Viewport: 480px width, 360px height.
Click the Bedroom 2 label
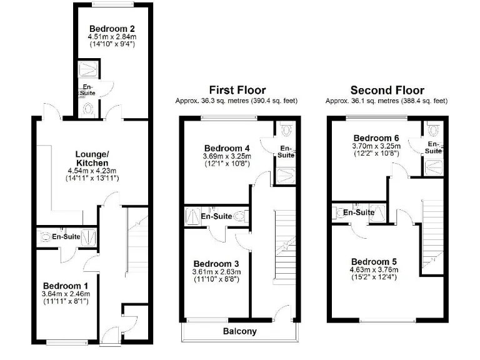[112, 29]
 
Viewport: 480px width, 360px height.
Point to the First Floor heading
[237, 91]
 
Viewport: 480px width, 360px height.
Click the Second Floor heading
[387, 91]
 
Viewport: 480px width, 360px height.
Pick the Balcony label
[240, 331]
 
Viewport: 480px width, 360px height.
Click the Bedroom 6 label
[376, 138]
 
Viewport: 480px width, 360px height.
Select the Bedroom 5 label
[374, 261]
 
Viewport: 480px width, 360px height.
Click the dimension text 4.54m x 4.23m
[92, 170]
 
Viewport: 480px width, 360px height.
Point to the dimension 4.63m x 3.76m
[374, 270]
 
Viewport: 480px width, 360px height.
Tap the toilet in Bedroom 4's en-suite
[287, 131]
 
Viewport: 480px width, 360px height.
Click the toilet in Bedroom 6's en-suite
[433, 131]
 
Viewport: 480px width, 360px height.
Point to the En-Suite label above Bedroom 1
[66, 237]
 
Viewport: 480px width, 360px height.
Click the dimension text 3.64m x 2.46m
[66, 294]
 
